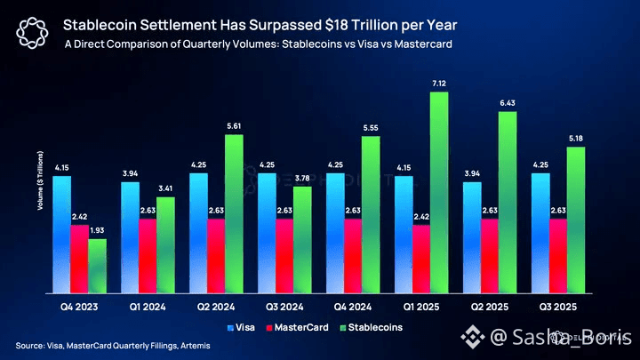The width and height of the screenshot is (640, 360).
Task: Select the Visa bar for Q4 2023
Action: point(62,235)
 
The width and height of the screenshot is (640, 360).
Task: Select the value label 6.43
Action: point(507,105)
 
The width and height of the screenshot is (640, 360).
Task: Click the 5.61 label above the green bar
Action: point(235,126)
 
